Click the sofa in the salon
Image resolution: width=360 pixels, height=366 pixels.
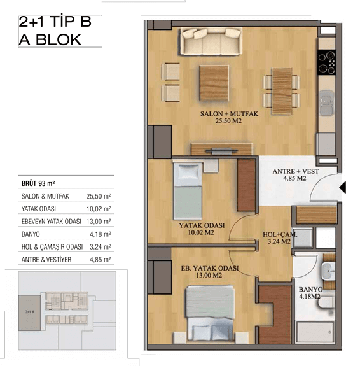coord(211,41)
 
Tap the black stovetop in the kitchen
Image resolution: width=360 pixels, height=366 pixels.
coord(327,62)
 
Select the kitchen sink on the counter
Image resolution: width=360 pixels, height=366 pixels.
coord(326,103)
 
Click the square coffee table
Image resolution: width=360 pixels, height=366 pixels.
coord(214,83)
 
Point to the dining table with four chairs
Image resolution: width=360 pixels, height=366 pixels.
coord(282,91)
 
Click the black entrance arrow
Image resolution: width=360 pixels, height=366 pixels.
coord(342,187)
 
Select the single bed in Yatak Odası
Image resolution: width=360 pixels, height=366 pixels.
coord(188,191)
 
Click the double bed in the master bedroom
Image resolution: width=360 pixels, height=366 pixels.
coord(211,313)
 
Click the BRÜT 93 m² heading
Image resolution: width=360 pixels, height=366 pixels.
coord(38,183)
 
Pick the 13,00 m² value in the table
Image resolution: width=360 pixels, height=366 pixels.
coord(99,222)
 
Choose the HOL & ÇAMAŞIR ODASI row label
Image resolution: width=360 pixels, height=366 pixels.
coord(52,247)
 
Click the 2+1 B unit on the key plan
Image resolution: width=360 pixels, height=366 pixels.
coord(30,313)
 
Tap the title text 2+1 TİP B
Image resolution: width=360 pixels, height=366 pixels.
coord(55,22)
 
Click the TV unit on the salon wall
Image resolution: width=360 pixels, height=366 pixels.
coord(221,149)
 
